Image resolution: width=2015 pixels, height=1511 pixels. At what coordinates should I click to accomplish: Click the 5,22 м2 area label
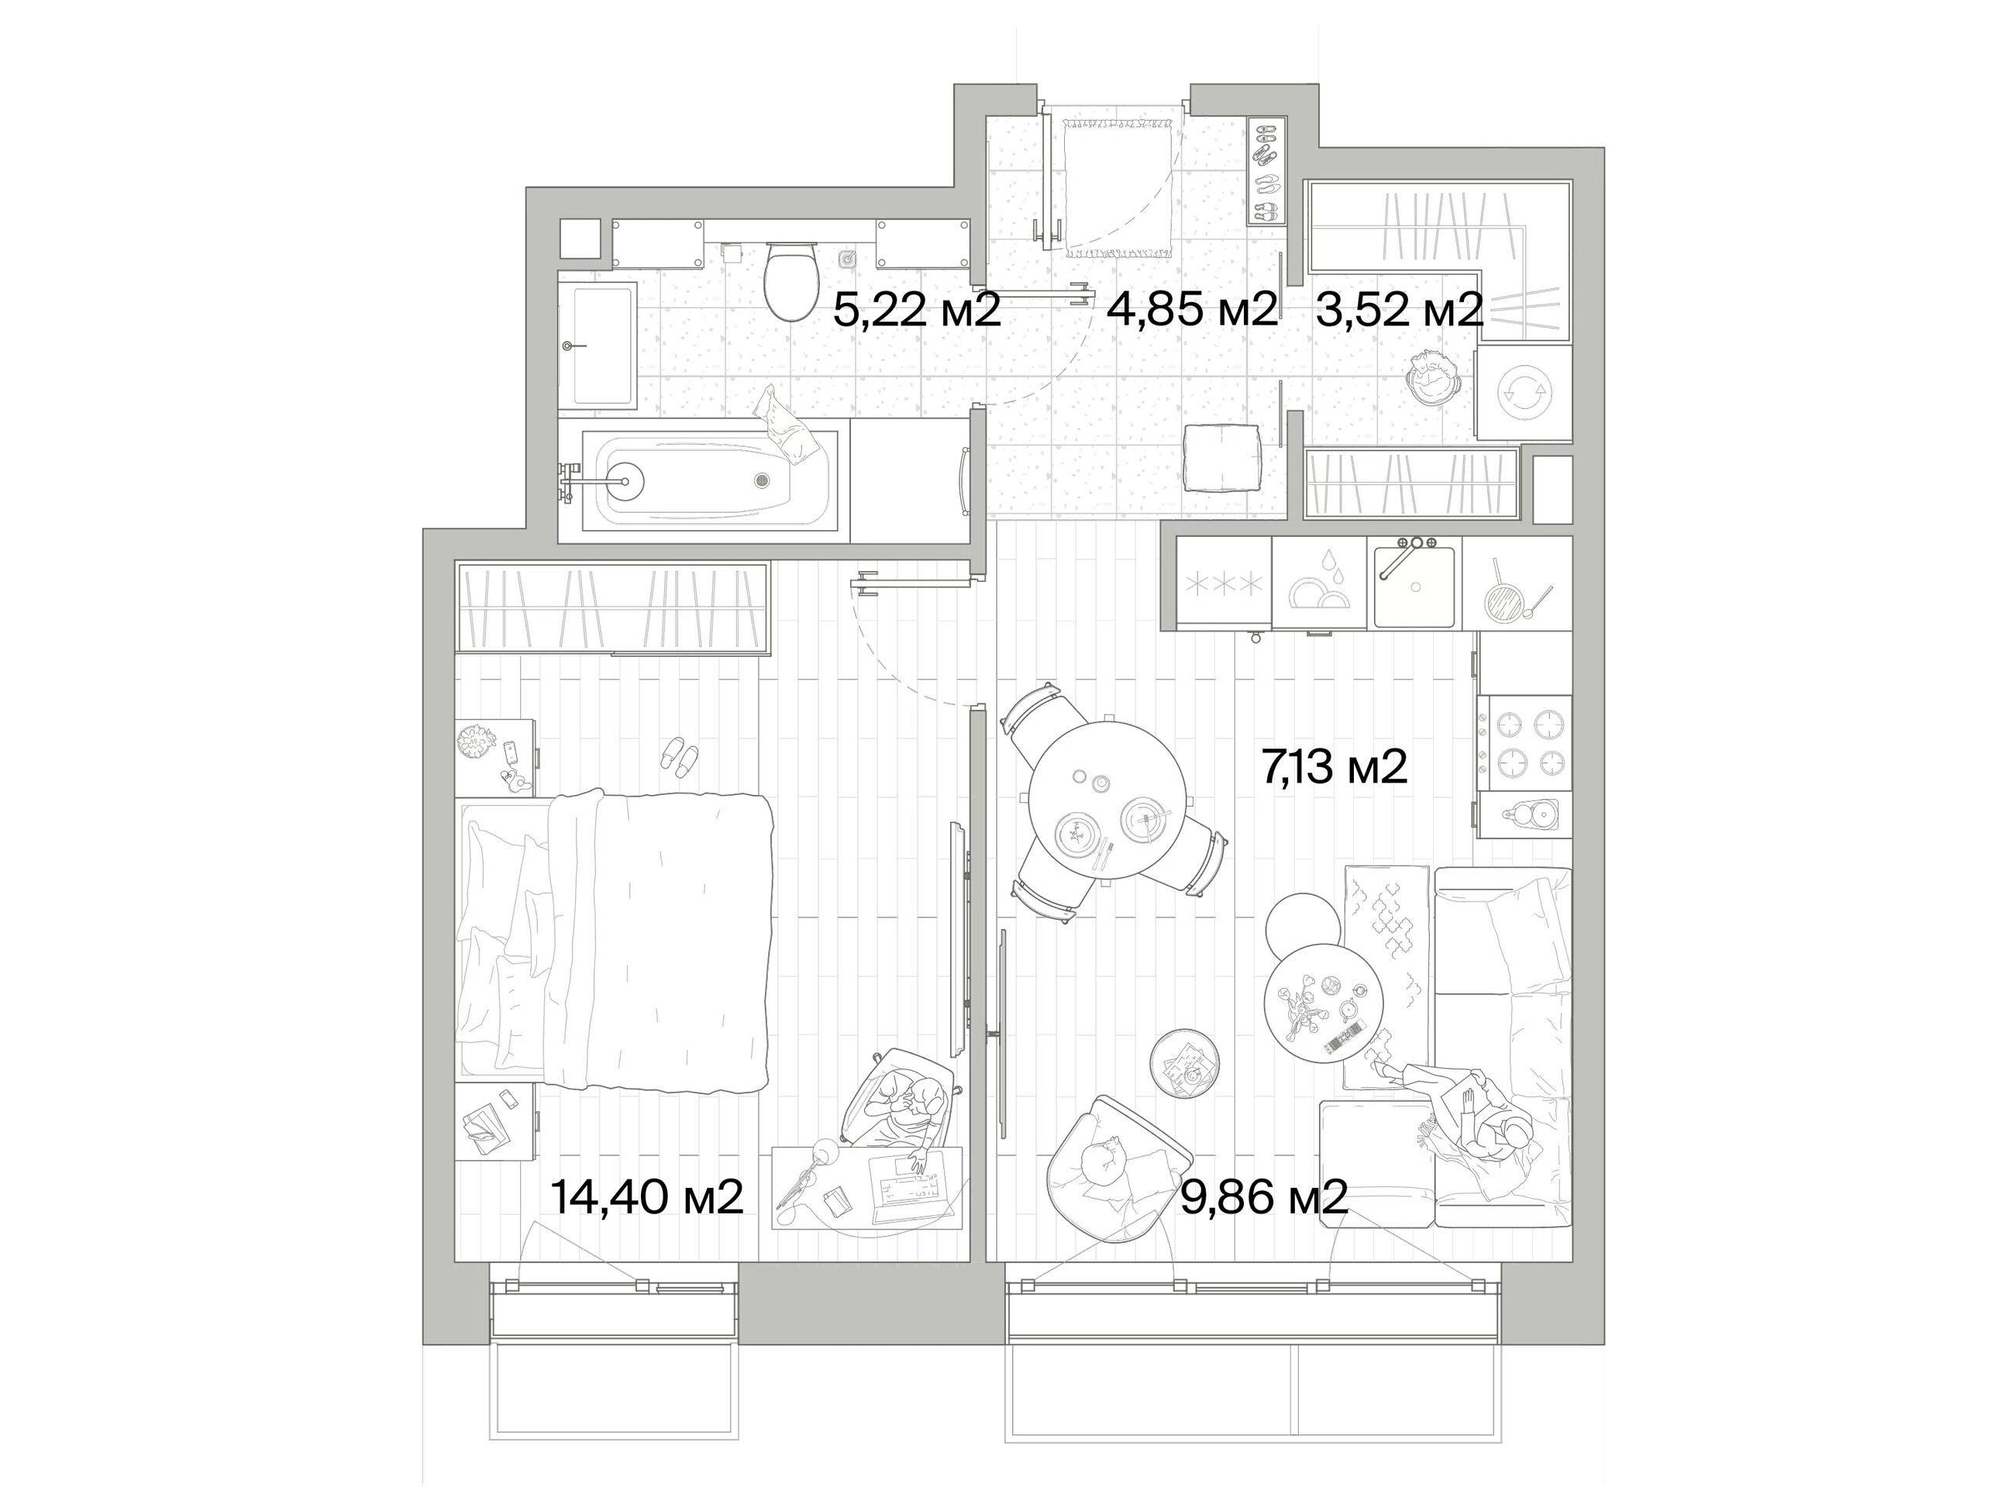pyautogui.click(x=918, y=311)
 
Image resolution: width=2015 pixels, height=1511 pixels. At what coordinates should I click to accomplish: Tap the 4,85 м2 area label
pyautogui.click(x=1191, y=311)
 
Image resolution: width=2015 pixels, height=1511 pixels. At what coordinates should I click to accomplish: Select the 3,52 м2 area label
pyautogui.click(x=1399, y=311)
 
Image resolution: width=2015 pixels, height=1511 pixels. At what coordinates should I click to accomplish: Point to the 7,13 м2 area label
pyautogui.click(x=1335, y=766)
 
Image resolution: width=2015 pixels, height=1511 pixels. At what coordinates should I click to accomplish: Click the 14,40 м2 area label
pyautogui.click(x=648, y=1196)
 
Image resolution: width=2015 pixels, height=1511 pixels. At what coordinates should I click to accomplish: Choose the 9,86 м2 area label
pyautogui.click(x=1264, y=1196)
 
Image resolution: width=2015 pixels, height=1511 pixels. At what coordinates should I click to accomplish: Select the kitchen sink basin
pyautogui.click(x=1414, y=585)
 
